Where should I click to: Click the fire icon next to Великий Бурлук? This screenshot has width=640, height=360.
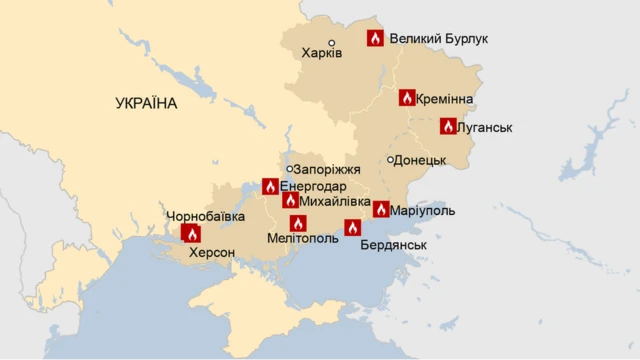[375, 38]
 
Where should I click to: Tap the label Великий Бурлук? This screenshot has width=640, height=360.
[438, 39]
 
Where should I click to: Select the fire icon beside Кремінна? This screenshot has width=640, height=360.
[407, 97]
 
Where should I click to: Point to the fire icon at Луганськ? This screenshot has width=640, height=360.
[448, 126]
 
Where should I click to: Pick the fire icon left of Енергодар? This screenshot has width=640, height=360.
[270, 186]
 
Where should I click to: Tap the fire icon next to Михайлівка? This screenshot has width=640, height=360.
[290, 201]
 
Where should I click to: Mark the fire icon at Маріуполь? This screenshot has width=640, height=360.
[381, 209]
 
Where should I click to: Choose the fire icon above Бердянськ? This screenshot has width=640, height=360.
[352, 227]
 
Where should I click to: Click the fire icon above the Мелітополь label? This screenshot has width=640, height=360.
[298, 223]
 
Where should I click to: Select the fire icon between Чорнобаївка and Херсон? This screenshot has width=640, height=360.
[191, 234]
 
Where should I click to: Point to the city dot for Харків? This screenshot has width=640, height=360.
[332, 43]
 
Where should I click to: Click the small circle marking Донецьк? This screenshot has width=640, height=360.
[390, 160]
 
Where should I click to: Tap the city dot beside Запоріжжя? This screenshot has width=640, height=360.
[289, 169]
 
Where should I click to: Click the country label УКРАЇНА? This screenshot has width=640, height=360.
[146, 104]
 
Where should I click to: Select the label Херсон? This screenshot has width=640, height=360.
[212, 253]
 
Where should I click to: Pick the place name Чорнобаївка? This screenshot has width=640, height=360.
[205, 216]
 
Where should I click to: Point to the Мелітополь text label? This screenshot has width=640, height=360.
[303, 239]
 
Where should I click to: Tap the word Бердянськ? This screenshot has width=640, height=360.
[393, 245]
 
